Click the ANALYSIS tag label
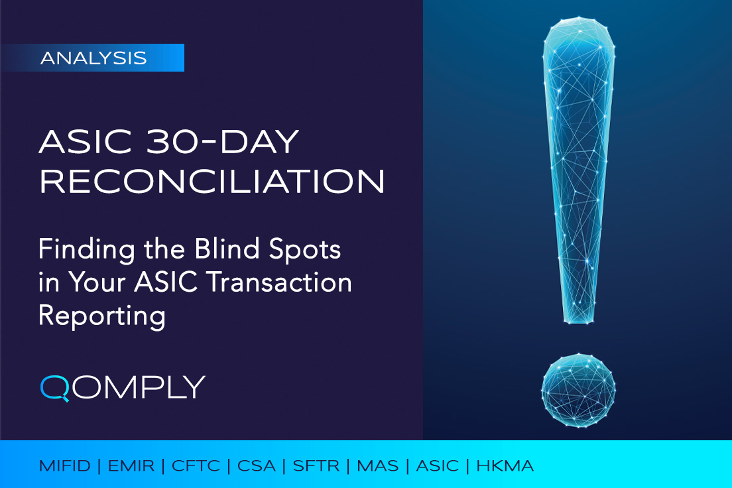[x=93, y=58]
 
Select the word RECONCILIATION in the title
[x=212, y=182]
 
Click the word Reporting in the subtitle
[x=101, y=316]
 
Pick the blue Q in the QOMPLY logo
[x=54, y=388]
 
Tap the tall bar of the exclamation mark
[x=579, y=172]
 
